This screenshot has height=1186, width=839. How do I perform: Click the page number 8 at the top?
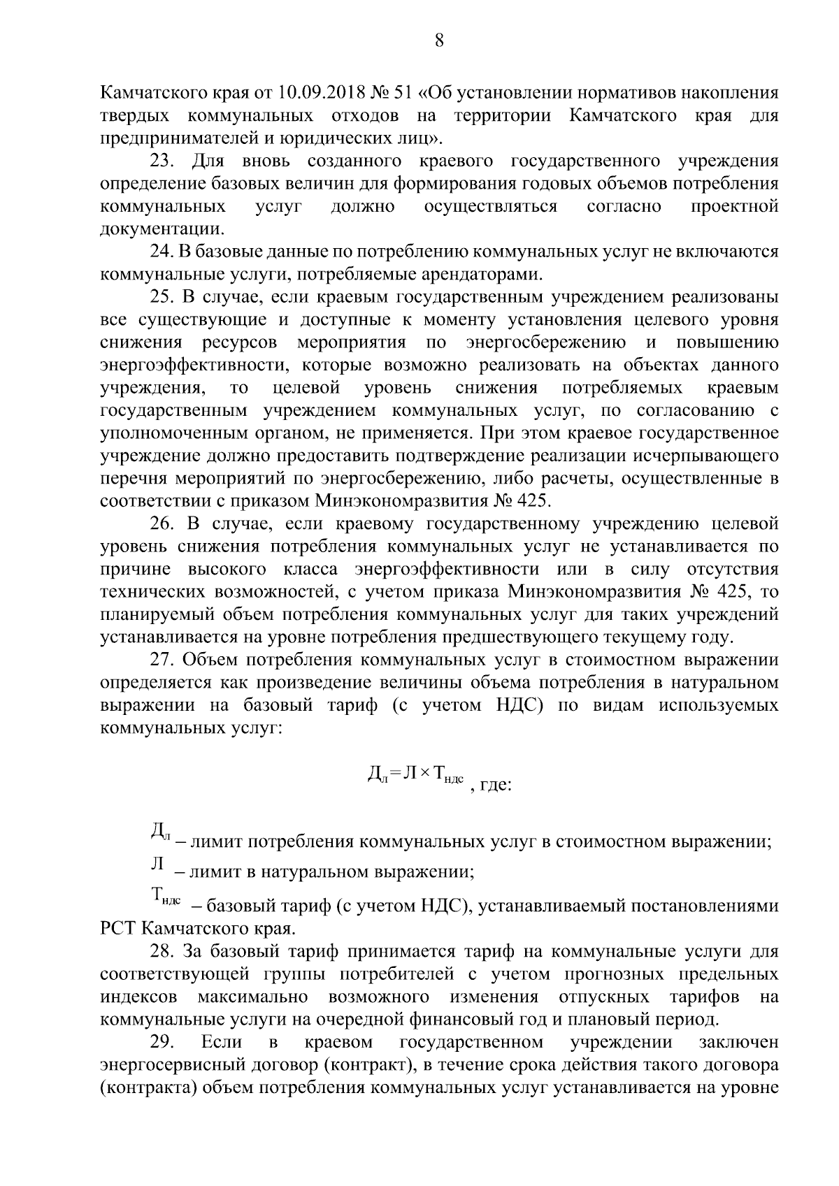pos(439,41)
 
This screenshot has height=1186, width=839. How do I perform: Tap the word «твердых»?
pos(136,115)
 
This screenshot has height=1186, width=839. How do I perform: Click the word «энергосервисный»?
pos(178,1065)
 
